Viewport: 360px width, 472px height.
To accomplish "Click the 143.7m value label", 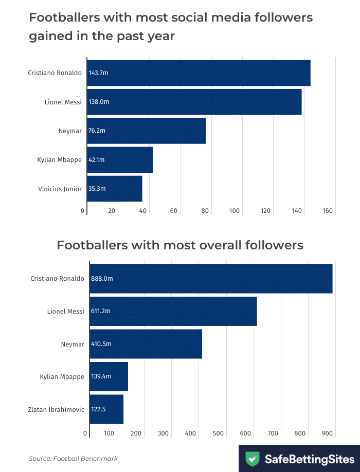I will pyautogui.click(x=98, y=73).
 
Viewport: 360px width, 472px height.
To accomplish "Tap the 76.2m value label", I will pyautogui.click(x=97, y=131).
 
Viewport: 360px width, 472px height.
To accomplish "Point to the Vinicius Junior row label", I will pyautogui.click(x=60, y=189).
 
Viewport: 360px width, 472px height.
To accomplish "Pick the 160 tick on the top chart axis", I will pyautogui.click(x=328, y=211).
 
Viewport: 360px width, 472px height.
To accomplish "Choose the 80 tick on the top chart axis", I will pyautogui.click(x=205, y=211).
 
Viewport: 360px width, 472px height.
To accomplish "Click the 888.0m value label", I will pyautogui.click(x=102, y=279).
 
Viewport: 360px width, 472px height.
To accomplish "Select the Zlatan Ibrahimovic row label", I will pyautogui.click(x=56, y=410).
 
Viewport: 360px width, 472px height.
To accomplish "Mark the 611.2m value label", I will pyautogui.click(x=101, y=311).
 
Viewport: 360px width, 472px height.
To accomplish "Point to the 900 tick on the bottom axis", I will pyautogui.click(x=328, y=433).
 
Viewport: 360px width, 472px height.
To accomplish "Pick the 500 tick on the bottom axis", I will pyautogui.click(x=218, y=433).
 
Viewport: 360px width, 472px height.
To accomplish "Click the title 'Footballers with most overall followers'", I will pyautogui.click(x=180, y=245).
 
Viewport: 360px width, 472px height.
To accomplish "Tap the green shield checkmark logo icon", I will pyautogui.click(x=252, y=458).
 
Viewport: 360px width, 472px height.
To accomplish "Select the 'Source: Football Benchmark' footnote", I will pyautogui.click(x=74, y=458).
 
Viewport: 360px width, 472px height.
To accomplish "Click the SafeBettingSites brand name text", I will pyautogui.click(x=309, y=458).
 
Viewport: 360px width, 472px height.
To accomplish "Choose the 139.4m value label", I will pyautogui.click(x=101, y=377).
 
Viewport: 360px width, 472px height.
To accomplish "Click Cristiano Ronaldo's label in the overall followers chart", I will pyautogui.click(x=57, y=279).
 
